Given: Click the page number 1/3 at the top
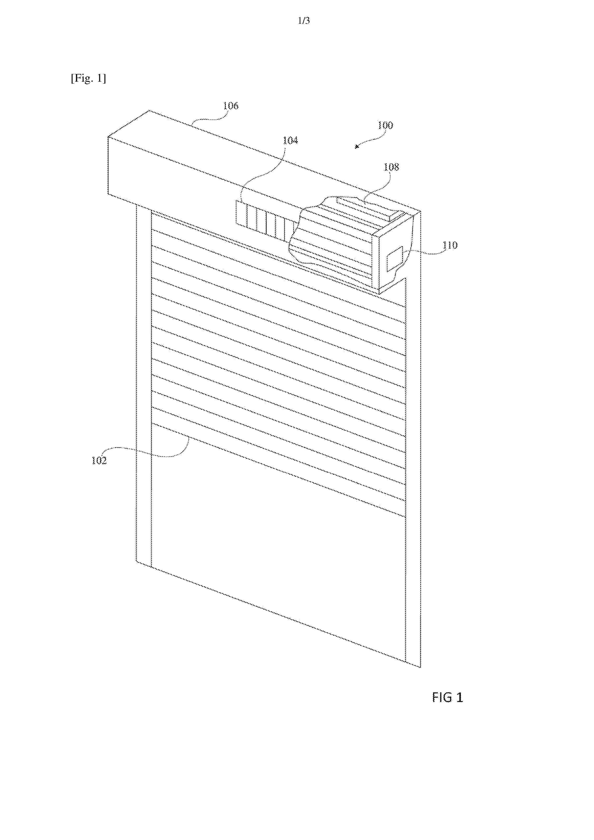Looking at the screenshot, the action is [304, 21].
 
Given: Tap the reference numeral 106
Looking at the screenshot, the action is [231, 106].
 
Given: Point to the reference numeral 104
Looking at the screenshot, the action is [290, 141].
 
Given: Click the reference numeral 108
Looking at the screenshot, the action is [391, 167].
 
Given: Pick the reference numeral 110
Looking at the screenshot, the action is [450, 245].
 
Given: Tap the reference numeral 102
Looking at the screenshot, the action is [99, 461].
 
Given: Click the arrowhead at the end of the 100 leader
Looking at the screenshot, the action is [356, 147].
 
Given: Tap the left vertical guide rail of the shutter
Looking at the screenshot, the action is [144, 386].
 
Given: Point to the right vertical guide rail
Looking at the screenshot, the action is [413, 472].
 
